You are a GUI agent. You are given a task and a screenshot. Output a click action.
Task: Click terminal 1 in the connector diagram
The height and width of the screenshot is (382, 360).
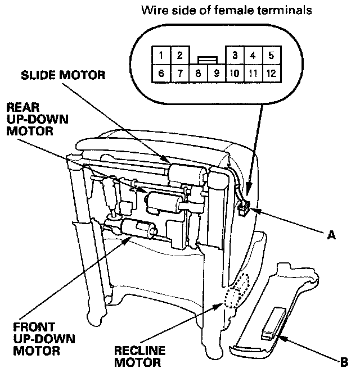[161, 56]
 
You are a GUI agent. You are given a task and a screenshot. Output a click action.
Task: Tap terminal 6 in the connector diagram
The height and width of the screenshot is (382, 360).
[161, 73]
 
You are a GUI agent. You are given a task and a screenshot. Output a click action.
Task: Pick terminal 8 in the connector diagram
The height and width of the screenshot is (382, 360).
[197, 73]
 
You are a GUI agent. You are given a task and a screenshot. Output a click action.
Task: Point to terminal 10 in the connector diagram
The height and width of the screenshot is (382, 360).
[234, 73]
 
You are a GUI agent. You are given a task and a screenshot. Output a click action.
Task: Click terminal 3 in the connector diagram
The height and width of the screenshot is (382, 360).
[234, 56]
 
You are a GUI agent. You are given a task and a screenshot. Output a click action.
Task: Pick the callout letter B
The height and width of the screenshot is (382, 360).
[344, 362]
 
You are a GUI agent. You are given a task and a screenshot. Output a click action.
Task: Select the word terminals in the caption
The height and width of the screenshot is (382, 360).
[287, 10]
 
